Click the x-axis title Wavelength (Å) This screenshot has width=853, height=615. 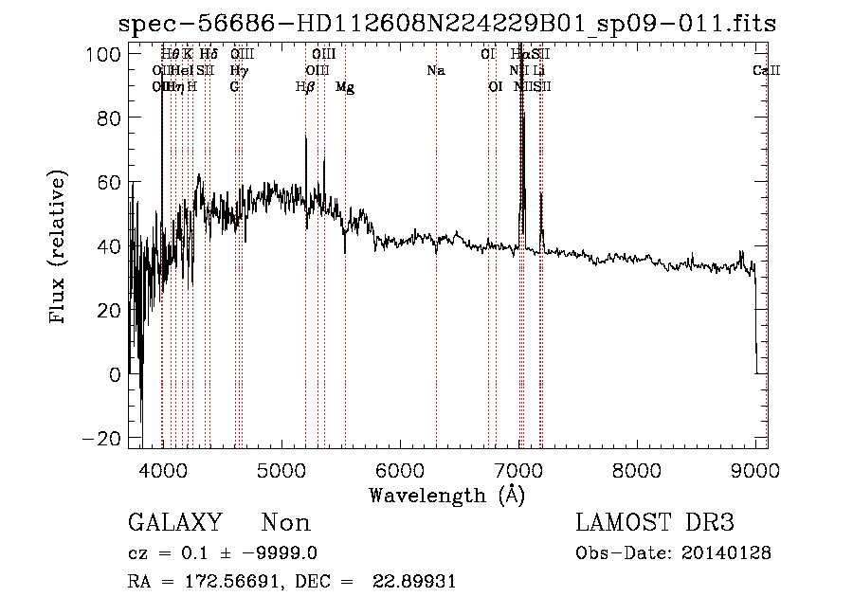tap(446, 495)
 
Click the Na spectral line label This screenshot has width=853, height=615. tap(436, 70)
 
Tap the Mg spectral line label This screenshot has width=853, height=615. tap(345, 86)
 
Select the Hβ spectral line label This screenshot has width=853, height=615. tap(305, 86)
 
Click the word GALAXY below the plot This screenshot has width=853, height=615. tap(175, 523)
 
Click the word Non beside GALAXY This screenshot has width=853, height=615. tap(286, 523)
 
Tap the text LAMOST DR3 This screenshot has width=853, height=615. tap(654, 523)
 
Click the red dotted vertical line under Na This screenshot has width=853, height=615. tap(436, 284)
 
